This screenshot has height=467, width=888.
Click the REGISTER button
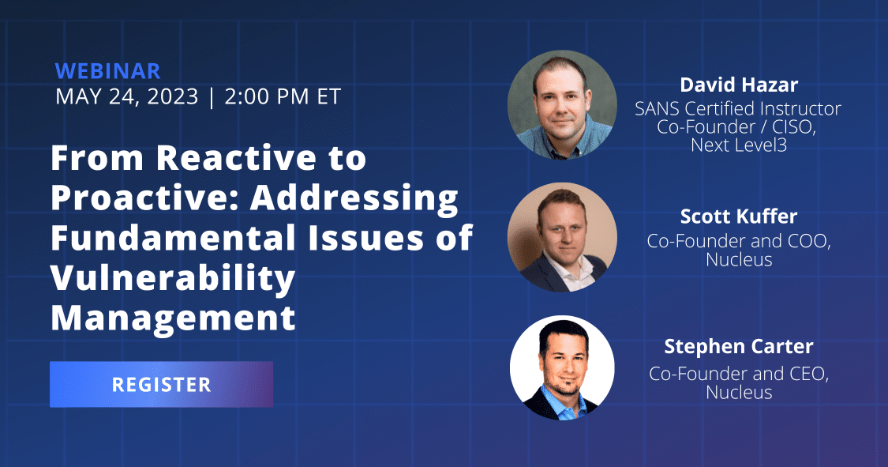pyautogui.click(x=161, y=384)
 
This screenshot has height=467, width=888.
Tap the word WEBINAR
pyautogui.click(x=108, y=71)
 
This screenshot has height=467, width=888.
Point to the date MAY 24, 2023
pyautogui.click(x=127, y=96)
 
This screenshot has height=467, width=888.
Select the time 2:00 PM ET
pyautogui.click(x=283, y=96)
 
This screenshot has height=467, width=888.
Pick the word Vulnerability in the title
pyautogui.click(x=174, y=277)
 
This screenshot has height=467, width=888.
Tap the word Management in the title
pyautogui.click(x=174, y=318)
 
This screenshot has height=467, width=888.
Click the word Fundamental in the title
pyautogui.click(x=174, y=238)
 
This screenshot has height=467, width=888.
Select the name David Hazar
pyautogui.click(x=739, y=85)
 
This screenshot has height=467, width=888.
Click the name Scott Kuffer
pyautogui.click(x=739, y=216)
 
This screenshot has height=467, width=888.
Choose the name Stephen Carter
pyautogui.click(x=739, y=346)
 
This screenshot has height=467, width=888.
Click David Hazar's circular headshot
pyautogui.click(x=562, y=105)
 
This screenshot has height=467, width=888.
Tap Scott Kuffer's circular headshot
pyautogui.click(x=562, y=238)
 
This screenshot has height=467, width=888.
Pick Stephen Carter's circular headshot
pyautogui.click(x=562, y=367)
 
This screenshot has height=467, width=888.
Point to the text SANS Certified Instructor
pyautogui.click(x=738, y=108)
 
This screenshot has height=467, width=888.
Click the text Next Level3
pyautogui.click(x=739, y=145)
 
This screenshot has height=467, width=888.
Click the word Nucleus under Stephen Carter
pyautogui.click(x=739, y=392)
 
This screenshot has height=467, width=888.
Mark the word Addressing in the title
pyautogui.click(x=354, y=198)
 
